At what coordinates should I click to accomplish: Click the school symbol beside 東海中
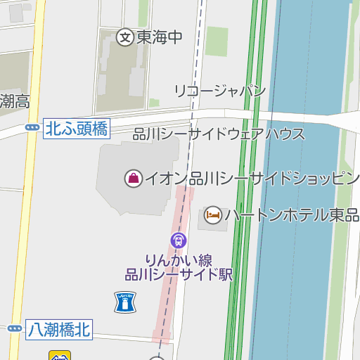pyautogui.click(x=125, y=37)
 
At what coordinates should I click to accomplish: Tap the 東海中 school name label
pyautogui.click(x=160, y=37)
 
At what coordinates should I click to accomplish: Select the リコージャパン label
pyautogui.click(x=219, y=91)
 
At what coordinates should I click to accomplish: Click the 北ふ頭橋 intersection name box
pyautogui.click(x=77, y=128)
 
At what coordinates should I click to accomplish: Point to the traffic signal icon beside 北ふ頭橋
pyautogui.click(x=32, y=127)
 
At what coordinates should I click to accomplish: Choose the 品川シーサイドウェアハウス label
pyautogui.click(x=219, y=134)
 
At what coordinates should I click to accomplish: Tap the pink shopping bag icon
pyautogui.click(x=132, y=179)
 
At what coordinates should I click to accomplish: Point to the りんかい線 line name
pyautogui.click(x=179, y=259)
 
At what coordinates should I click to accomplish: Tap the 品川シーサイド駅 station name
pyautogui.click(x=179, y=274)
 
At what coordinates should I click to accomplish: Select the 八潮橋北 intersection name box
pyautogui.click(x=59, y=328)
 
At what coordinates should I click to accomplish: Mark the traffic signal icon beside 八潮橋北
pyautogui.click(x=15, y=328)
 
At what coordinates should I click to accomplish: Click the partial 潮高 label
pyautogui.click(x=14, y=102)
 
